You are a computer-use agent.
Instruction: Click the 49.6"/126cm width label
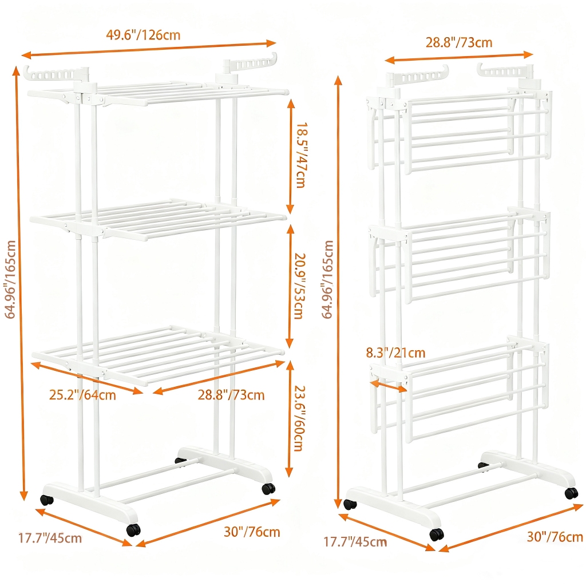click(x=143, y=35)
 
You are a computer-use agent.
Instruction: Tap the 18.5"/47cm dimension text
click(x=301, y=155)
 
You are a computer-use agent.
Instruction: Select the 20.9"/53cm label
click(x=300, y=286)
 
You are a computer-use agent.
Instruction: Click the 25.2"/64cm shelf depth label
click(x=82, y=395)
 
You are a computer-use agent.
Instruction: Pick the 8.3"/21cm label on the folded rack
click(x=395, y=353)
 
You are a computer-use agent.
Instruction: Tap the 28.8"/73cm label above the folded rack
click(x=459, y=42)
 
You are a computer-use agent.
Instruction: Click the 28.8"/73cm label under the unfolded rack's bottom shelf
click(x=231, y=395)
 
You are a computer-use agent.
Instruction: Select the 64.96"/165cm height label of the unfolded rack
click(x=10, y=279)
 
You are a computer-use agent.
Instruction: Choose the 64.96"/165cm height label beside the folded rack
click(x=327, y=279)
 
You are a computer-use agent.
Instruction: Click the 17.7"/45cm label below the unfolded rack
click(x=50, y=538)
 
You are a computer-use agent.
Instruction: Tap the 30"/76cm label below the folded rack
click(x=555, y=537)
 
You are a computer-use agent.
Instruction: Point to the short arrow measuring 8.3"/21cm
click(x=389, y=386)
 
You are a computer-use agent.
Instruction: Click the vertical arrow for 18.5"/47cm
click(x=290, y=156)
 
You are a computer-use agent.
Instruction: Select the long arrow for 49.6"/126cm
click(x=149, y=50)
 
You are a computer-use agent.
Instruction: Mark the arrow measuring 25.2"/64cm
click(x=87, y=378)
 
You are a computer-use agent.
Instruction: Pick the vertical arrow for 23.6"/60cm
click(x=289, y=418)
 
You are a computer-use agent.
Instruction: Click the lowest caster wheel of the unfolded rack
click(x=133, y=529)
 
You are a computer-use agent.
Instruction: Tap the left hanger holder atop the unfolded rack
click(x=56, y=74)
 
